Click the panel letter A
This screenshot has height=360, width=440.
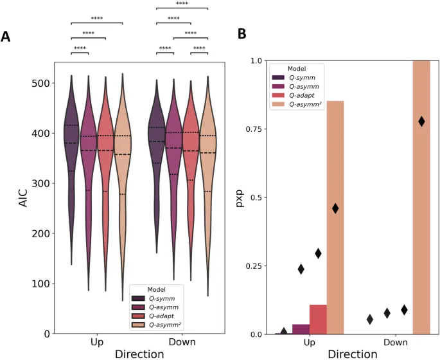6,37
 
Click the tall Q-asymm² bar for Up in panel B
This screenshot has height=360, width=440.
335,219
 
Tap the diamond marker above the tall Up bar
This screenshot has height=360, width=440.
335,208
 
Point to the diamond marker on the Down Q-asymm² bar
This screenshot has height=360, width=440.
421,121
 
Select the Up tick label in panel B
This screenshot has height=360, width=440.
309,343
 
